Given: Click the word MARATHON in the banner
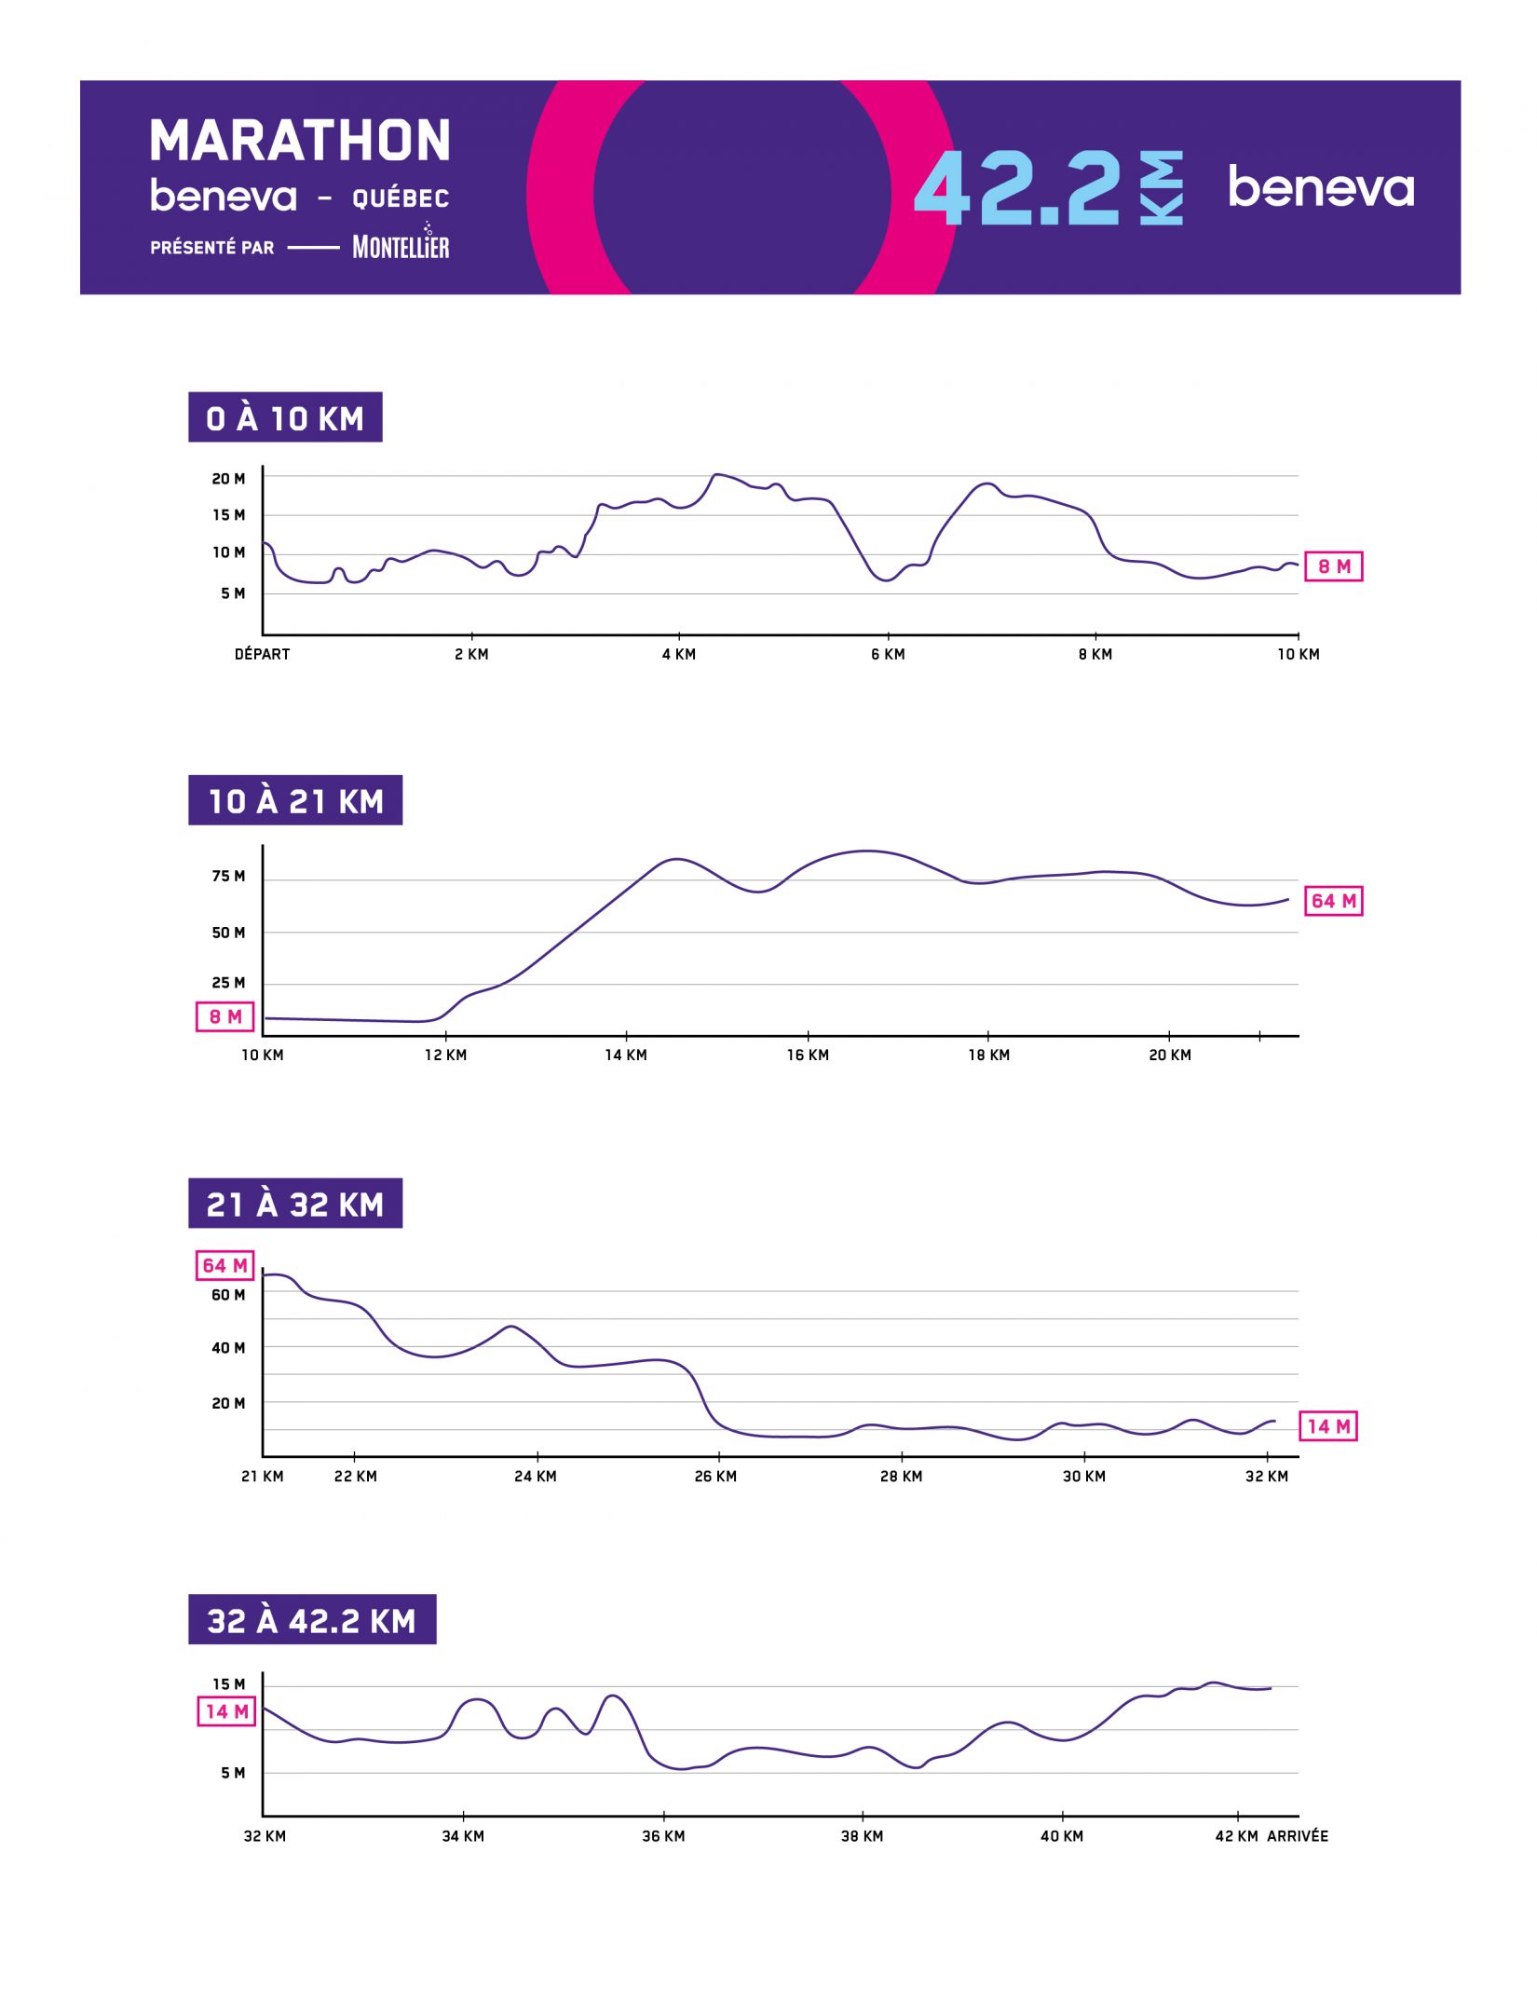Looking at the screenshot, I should (300, 141).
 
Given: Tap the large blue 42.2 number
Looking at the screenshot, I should (1017, 188).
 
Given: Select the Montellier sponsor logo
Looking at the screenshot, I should (401, 245).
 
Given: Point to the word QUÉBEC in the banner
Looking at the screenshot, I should (401, 198).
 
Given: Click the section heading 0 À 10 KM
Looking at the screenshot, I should (285, 418).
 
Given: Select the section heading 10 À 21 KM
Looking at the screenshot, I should (295, 801).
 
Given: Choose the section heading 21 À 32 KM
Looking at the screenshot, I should (295, 1204).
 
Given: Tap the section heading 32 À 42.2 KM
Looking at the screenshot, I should (312, 1620).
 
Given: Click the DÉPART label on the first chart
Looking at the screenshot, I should (262, 654).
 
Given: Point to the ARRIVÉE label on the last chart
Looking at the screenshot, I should (1298, 1835).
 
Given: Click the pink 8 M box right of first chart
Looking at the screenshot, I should (1333, 566).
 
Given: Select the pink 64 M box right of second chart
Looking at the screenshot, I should (1333, 901).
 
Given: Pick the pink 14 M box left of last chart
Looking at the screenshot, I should (226, 1711).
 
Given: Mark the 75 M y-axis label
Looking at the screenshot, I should (228, 876).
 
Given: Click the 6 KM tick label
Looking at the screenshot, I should (888, 654).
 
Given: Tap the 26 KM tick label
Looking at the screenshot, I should (715, 1477).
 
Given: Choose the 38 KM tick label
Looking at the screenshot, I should (862, 1836).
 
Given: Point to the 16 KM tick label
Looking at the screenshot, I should (808, 1056).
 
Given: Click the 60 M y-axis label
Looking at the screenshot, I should (228, 1295).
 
